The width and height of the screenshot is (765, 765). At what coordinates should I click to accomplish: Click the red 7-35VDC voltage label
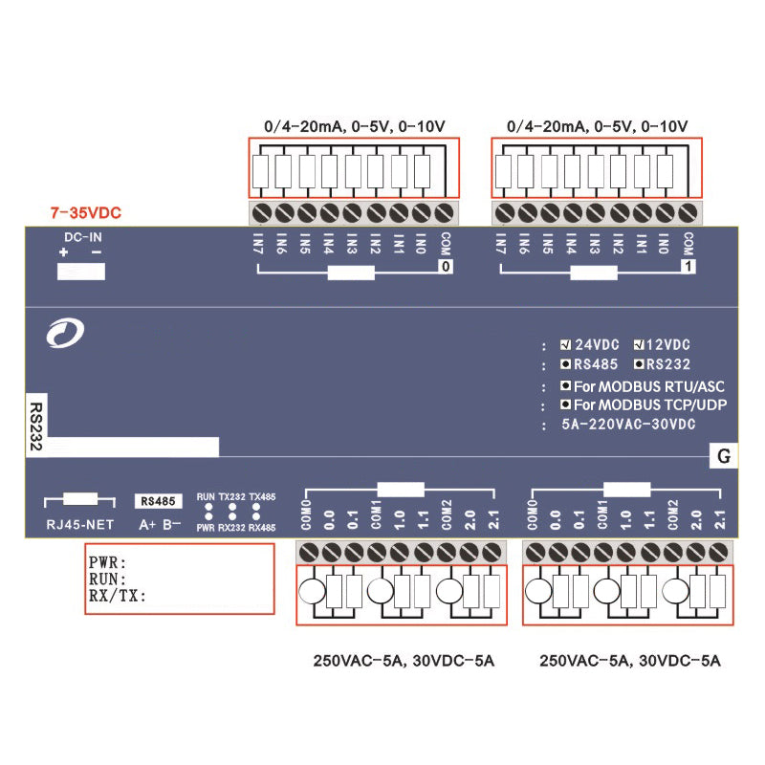86,211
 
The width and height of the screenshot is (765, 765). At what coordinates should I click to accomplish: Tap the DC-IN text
81,236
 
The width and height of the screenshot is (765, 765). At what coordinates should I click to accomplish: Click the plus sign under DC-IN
64,252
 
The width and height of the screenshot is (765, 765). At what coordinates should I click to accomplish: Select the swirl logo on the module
66,332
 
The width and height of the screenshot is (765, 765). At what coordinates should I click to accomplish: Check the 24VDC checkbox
565,344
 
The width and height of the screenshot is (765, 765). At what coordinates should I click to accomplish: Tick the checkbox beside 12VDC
639,344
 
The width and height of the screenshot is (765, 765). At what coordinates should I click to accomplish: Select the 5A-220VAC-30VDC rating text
628,424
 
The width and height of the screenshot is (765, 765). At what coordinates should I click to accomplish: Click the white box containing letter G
723,457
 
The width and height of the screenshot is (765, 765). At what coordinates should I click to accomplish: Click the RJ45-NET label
73,523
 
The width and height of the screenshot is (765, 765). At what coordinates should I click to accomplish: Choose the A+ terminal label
147,524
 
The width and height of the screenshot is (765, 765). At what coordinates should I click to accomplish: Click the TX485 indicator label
263,497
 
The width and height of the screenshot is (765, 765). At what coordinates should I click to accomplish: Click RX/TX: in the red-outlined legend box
117,596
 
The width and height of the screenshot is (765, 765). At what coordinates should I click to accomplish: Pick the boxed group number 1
687,269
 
